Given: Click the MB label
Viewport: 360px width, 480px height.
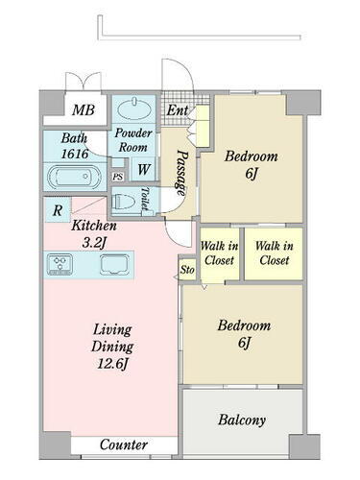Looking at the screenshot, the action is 84,110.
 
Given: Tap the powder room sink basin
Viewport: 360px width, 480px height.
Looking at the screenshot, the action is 134,110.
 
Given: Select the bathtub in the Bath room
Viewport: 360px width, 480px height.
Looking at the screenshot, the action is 75,177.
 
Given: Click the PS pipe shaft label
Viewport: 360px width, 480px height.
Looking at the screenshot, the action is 118,177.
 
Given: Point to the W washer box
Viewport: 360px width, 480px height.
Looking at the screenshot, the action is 143,169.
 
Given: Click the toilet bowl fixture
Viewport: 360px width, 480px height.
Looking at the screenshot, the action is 124,203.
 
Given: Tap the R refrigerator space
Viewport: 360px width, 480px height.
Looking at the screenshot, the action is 58,209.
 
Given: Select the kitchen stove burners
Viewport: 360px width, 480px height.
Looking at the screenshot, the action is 60,264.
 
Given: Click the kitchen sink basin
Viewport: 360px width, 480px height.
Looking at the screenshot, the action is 114,264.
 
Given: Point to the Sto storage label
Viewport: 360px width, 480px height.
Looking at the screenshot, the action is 187,270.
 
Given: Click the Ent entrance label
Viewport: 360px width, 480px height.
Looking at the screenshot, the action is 177,110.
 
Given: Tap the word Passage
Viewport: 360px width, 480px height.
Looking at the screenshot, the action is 181,173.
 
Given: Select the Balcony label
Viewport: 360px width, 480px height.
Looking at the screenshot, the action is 242,420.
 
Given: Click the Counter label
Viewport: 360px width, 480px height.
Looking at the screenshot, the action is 124,444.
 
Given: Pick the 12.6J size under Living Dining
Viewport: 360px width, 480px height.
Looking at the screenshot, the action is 112,364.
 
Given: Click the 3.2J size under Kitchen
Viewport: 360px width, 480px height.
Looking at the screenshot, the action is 94,243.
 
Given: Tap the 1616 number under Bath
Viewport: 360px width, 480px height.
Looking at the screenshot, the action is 74,154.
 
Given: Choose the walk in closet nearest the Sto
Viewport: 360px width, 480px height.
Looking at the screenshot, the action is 220,255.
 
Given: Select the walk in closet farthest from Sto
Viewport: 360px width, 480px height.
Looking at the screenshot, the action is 274,253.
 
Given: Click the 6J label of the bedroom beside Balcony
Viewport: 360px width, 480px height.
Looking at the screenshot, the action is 244,343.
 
